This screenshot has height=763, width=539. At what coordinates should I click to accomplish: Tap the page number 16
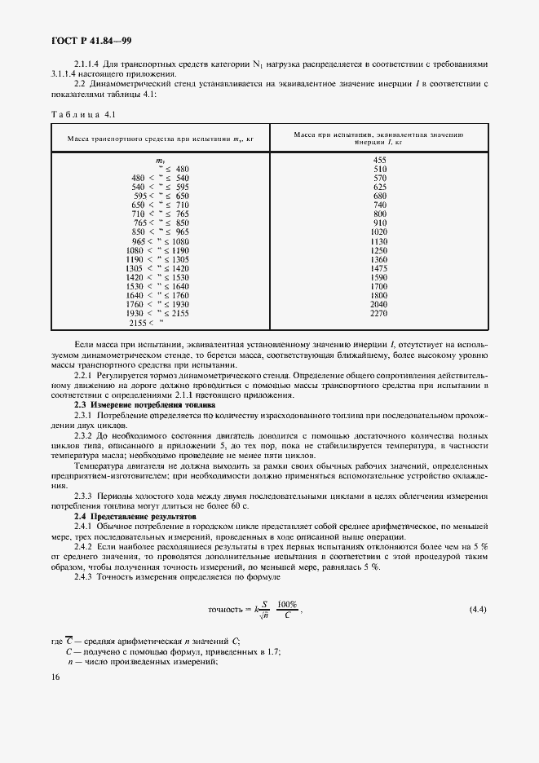coord(54,677)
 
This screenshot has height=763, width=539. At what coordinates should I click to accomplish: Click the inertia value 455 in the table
coord(379,160)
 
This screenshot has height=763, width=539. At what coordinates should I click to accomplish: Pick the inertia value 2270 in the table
coord(379,313)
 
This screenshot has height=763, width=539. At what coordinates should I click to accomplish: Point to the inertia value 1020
coord(379,232)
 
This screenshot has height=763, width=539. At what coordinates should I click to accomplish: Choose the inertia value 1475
coord(379,268)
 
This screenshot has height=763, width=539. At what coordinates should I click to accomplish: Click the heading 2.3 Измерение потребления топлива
coord(145,404)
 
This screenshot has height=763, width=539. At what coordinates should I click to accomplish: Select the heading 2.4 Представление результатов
coord(136,517)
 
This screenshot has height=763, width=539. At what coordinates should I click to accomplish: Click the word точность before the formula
coord(225,609)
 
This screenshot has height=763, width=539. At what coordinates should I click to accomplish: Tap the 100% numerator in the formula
coord(287,604)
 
